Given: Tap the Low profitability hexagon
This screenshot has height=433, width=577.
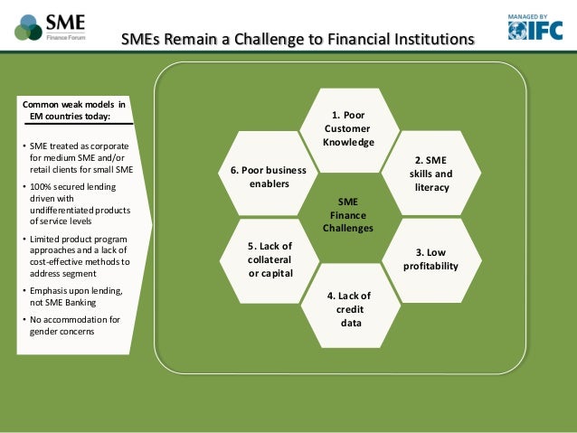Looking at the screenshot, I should [x=430, y=259].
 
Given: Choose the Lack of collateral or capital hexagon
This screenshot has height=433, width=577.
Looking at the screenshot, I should [x=270, y=259].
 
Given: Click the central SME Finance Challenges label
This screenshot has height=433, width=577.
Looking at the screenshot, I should [x=348, y=215].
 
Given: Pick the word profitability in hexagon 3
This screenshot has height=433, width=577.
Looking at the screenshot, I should [x=431, y=267].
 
